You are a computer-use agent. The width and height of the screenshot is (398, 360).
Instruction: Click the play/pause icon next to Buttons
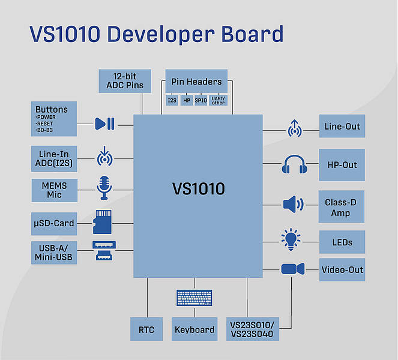[x=104, y=124]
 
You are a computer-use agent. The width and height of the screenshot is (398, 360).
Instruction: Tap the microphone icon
[x=104, y=188]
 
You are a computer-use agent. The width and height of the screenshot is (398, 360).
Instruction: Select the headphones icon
[x=294, y=164]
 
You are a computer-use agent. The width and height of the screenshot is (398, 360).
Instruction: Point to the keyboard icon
[x=194, y=298]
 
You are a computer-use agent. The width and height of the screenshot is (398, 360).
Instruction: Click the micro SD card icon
[x=102, y=222]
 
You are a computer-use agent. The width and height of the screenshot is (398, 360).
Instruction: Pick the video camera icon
[x=293, y=269]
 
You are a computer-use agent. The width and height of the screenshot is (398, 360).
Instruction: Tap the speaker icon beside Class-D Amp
[x=293, y=204]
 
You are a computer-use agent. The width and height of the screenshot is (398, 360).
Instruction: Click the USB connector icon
[x=104, y=251]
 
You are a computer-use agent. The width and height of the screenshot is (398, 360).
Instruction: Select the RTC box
[x=146, y=329]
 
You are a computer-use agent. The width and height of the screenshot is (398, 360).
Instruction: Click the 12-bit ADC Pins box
[x=125, y=81]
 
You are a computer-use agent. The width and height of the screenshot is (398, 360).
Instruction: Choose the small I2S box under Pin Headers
[x=172, y=100]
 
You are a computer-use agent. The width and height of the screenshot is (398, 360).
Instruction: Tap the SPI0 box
[x=201, y=100]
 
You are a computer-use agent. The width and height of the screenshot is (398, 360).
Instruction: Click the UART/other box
[x=218, y=100]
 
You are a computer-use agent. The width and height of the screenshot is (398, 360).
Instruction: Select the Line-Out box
[x=342, y=126]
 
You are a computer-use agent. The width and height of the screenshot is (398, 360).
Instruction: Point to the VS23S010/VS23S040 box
[x=253, y=329]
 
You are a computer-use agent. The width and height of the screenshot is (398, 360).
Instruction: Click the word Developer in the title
[x=161, y=34]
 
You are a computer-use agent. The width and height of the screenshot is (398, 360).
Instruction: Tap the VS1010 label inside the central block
[x=199, y=189]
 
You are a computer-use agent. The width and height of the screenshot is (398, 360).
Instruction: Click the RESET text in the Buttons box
[x=45, y=124]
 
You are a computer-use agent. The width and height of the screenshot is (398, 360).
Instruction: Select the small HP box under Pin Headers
[x=187, y=100]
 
